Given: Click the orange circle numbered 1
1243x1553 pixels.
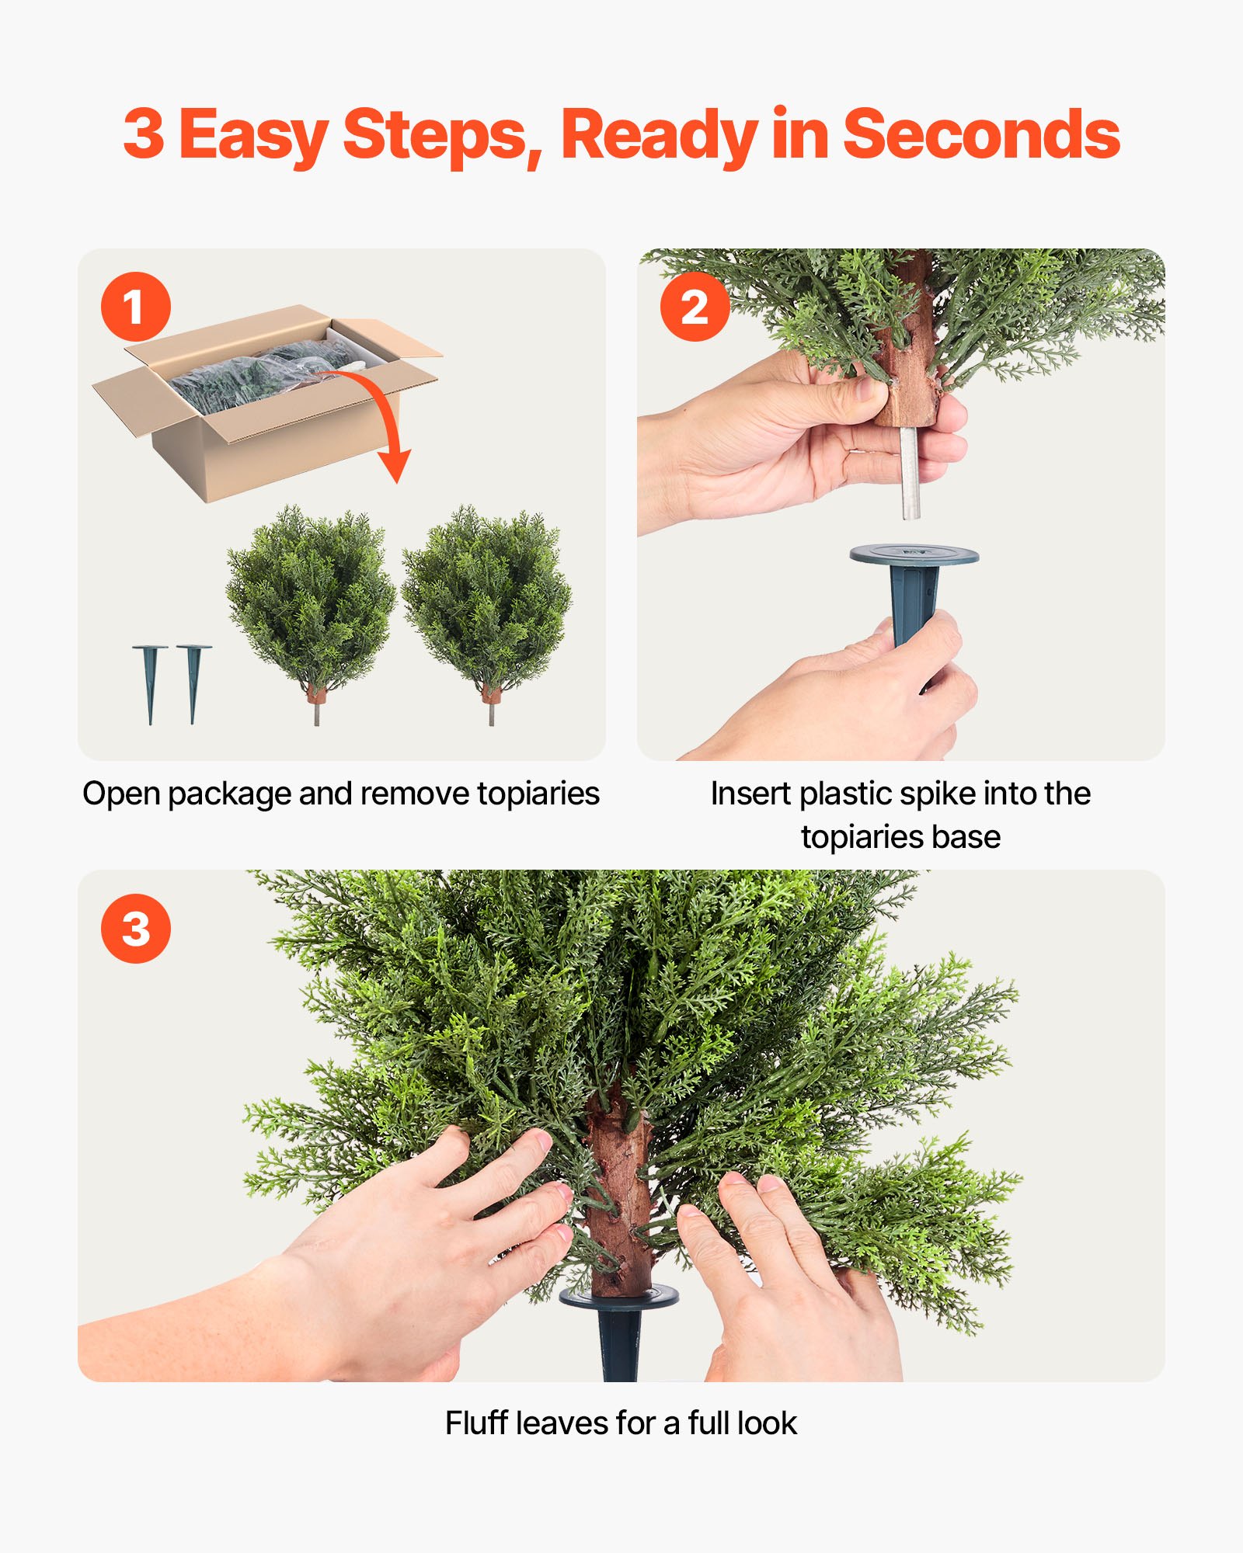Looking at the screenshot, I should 135,306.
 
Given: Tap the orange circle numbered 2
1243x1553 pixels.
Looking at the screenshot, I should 695,306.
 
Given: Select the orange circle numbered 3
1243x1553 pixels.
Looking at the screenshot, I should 135,928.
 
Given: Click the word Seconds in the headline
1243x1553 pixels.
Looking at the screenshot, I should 980,135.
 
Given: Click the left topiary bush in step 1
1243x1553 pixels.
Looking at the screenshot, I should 311,598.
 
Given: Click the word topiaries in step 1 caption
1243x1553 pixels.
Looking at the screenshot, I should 538,794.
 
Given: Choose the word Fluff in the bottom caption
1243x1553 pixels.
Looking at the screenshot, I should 476,1423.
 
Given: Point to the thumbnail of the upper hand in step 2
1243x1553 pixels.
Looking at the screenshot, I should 869,388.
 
